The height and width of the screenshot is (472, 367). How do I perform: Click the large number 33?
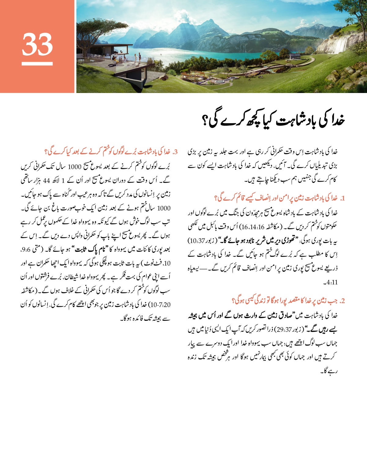pyautogui.click(x=37, y=44)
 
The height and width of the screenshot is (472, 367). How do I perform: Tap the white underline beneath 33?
pyautogui.click(x=37, y=64)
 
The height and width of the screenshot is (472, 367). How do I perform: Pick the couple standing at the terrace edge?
pyautogui.click(x=137, y=57)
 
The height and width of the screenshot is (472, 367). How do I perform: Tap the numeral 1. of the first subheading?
pyautogui.click(x=342, y=198)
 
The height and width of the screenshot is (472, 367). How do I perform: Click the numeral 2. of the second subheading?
pyautogui.click(x=342, y=301)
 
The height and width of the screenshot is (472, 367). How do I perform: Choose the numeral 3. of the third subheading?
pyautogui.click(x=175, y=152)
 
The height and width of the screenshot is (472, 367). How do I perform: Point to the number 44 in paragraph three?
pyautogui.click(x=46, y=180)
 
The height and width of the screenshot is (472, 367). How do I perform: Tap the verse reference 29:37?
pyautogui.click(x=283, y=329)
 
